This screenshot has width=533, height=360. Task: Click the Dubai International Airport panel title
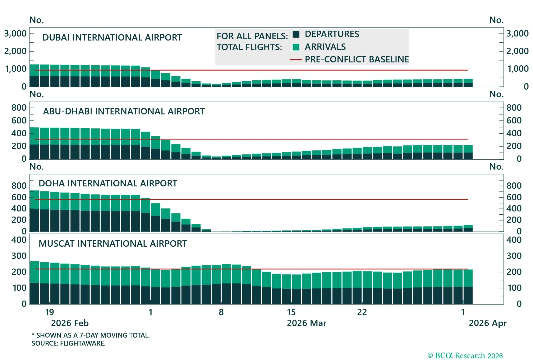(112, 37)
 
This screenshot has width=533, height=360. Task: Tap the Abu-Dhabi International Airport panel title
(124, 111)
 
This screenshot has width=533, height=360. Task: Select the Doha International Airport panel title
(108, 183)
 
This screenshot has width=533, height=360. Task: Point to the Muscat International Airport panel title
(113, 244)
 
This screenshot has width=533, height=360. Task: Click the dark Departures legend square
(296, 34)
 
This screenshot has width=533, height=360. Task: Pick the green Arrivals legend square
(296, 47)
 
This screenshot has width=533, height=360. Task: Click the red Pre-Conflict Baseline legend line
(296, 60)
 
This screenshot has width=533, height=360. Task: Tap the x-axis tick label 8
(221, 312)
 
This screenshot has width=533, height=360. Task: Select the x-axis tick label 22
(362, 312)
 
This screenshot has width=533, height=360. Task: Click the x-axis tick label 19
(49, 312)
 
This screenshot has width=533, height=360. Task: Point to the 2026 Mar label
(306, 323)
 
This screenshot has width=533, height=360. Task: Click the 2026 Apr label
(487, 323)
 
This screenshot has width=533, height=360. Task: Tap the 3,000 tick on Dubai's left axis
(15, 34)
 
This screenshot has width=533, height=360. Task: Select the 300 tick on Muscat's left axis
(19, 256)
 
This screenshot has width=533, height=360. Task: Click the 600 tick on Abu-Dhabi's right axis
(514, 120)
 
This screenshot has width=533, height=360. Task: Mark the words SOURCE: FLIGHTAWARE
(68, 343)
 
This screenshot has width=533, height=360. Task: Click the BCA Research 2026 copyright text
(465, 356)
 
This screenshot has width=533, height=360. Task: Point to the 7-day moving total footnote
(91, 335)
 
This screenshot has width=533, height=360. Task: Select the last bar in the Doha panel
(468, 228)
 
